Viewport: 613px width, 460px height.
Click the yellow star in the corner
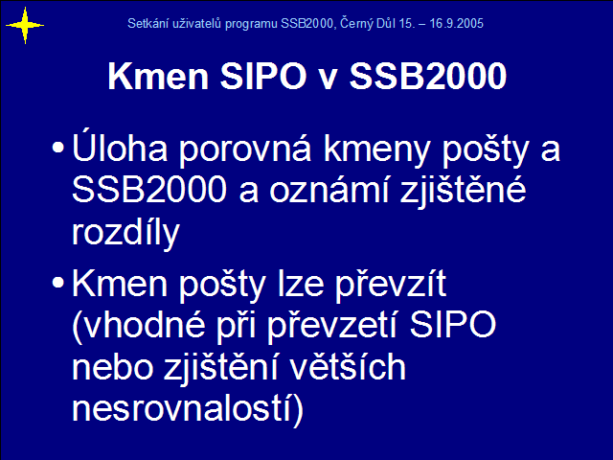click(25, 26)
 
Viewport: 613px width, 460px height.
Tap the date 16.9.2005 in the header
click(456, 23)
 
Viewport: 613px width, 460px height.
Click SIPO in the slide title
click(263, 76)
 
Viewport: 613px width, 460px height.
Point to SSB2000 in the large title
click(428, 76)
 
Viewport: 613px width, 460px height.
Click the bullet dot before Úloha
click(57, 148)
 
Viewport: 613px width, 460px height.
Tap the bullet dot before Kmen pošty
click(57, 283)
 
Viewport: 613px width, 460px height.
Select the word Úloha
click(120, 145)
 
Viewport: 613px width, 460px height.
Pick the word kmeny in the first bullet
click(376, 150)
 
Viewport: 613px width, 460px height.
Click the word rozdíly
click(125, 232)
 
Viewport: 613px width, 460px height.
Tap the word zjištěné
click(463, 191)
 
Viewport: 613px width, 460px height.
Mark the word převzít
click(391, 285)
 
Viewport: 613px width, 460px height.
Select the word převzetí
click(332, 327)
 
